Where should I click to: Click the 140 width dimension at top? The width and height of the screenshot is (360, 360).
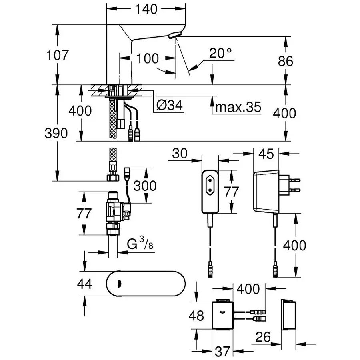(x=146, y=10)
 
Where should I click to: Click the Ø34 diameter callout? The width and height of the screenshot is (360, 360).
(x=169, y=105)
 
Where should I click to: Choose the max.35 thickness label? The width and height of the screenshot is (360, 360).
(x=238, y=107)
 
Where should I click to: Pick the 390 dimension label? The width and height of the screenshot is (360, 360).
(x=56, y=134)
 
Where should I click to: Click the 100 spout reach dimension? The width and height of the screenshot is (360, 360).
(x=148, y=59)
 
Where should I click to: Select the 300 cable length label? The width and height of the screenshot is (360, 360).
(x=145, y=185)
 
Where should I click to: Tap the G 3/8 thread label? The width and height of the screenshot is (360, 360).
(x=140, y=244)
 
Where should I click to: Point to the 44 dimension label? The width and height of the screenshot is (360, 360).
(x=84, y=284)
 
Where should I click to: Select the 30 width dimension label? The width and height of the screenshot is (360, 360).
(x=181, y=154)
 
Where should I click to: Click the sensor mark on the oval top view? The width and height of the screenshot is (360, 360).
(x=119, y=284)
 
